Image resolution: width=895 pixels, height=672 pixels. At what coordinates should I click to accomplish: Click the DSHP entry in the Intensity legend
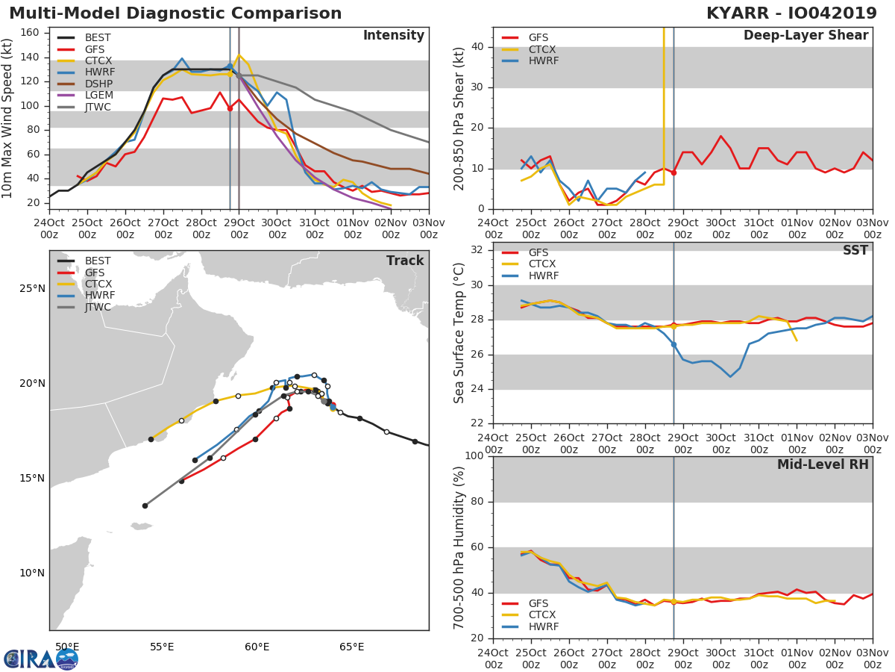85,84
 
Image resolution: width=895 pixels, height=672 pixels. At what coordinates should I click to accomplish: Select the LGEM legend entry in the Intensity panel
85,95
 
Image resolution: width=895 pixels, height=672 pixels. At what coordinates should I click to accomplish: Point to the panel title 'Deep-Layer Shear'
805,36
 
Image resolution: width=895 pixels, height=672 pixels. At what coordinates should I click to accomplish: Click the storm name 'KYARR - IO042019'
791,13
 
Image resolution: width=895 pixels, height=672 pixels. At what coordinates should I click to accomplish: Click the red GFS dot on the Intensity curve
230,108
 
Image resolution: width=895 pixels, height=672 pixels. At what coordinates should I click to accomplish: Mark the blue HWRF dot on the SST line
673,345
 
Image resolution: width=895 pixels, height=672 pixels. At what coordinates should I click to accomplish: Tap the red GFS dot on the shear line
673,173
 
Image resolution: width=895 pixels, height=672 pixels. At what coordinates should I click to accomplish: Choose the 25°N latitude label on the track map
33,289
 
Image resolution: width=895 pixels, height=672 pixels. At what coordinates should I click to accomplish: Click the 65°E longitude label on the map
352,647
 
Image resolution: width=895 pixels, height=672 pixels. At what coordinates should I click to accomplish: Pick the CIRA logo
41,659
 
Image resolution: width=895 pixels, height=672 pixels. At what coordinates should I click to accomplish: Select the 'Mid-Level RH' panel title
823,464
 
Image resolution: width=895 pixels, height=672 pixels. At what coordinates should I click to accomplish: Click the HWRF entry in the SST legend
530,276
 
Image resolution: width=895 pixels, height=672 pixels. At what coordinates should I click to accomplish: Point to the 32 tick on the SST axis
477,250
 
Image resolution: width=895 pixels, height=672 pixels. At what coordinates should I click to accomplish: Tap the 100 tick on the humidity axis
474,455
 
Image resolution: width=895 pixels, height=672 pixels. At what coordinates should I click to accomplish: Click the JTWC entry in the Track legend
84,307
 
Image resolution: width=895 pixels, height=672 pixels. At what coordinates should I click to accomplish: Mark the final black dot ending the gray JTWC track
145,506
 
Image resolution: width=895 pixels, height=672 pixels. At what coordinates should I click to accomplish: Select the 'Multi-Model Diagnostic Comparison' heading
175,13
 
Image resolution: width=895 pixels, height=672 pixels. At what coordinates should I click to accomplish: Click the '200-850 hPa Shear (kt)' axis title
459,119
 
